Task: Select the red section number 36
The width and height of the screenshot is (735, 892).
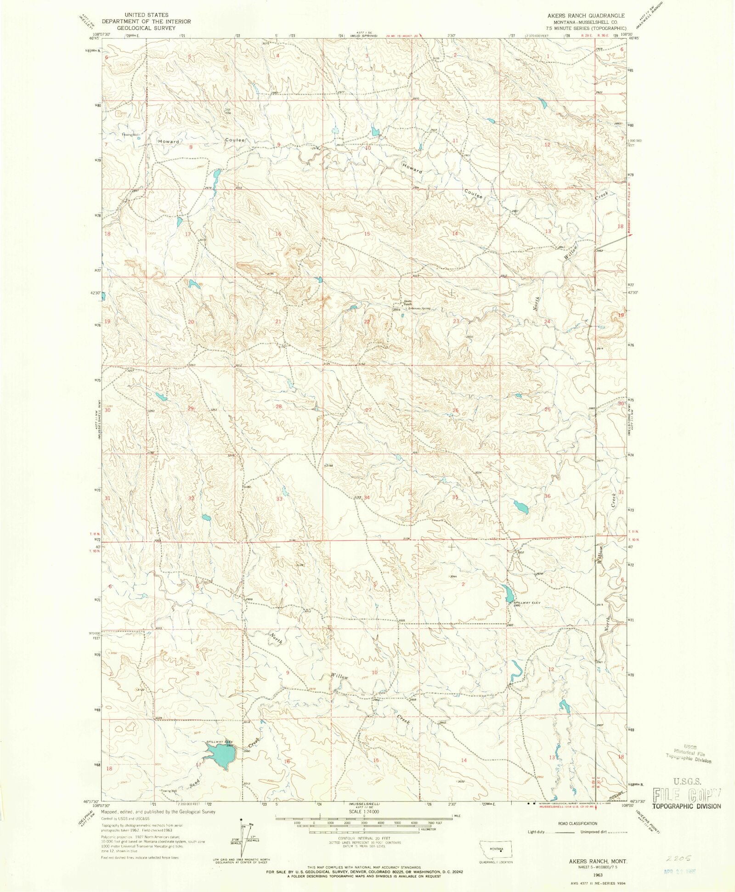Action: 547,496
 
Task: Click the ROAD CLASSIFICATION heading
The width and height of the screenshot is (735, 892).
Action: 577,824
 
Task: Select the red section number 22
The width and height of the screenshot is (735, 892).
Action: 367,322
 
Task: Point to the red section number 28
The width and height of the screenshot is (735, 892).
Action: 278,407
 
